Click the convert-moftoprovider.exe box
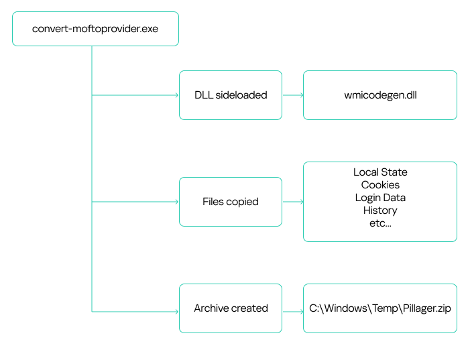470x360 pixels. (95, 29)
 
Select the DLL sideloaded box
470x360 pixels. (231, 95)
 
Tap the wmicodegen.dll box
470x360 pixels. (380, 95)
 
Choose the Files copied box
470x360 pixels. (231, 202)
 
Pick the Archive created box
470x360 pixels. (231, 308)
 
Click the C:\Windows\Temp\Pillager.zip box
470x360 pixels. (380, 308)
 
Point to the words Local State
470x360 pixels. (380, 172)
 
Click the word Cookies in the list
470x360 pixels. (380, 185)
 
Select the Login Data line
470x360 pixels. (380, 198)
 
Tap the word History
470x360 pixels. (380, 211)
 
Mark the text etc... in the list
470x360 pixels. (380, 223)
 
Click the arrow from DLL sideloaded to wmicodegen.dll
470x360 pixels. (293, 95)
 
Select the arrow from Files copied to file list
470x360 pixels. (293, 202)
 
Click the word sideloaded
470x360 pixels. (241, 95)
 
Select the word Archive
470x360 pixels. (211, 308)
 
